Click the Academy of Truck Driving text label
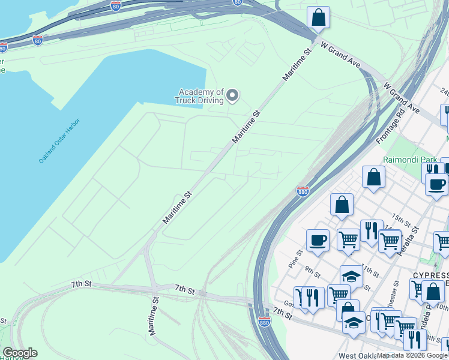coord(199,96)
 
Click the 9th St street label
coord(312,272)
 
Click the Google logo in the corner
coord(20,353)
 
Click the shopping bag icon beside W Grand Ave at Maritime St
coord(318,17)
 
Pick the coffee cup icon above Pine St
coord(318,240)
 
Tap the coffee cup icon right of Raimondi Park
coord(436,184)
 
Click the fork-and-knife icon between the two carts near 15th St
coord(372,230)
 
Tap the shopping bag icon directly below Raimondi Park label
coord(373,177)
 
